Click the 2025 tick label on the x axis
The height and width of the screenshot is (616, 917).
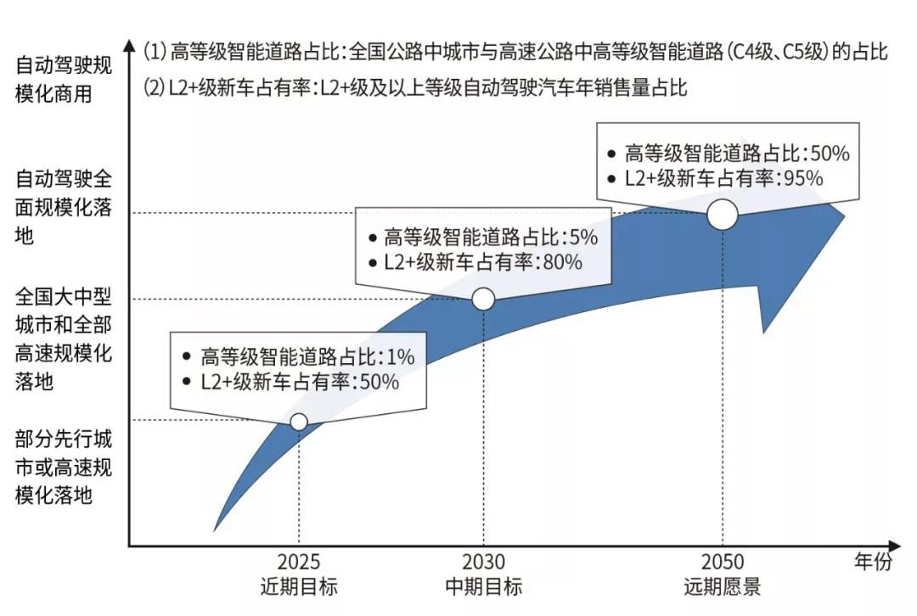point(298,562)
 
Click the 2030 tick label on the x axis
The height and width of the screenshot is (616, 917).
point(483,562)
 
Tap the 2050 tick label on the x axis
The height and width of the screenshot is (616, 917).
point(722,562)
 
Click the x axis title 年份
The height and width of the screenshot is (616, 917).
point(872,562)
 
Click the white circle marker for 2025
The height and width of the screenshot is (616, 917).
point(299,422)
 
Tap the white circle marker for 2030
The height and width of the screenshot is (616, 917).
point(483,299)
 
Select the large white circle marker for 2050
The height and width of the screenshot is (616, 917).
point(723,214)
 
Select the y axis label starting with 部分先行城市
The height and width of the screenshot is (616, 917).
point(64,468)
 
